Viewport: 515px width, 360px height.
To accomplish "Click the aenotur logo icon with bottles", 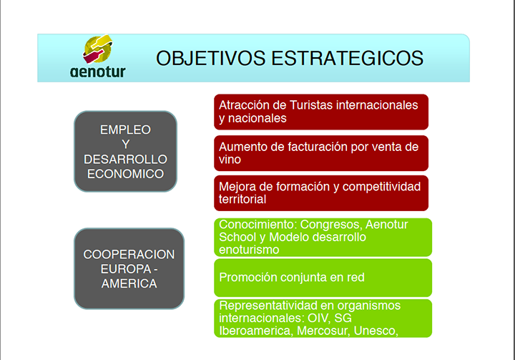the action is coord(97,49).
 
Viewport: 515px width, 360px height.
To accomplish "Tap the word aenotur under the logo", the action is coord(97,72).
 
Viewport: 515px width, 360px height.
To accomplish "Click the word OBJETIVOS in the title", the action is coord(210,58).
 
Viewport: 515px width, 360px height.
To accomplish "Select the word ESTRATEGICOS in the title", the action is coord(347,58).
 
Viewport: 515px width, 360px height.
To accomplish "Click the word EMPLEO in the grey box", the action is coord(125,130).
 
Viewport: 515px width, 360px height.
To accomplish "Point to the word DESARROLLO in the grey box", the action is coord(125,160).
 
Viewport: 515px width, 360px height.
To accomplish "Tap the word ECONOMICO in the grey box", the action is coord(125,174).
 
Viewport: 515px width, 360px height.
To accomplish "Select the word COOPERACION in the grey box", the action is coord(129,255).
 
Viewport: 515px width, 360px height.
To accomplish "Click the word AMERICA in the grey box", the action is coord(129,283).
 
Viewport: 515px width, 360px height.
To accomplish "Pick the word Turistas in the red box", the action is coord(311,105).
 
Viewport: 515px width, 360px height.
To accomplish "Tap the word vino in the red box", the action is coord(230,160).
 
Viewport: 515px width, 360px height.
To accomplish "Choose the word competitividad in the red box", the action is coord(381,187).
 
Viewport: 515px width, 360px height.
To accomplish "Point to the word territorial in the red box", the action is coord(242,199).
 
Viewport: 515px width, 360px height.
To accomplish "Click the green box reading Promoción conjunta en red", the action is coord(323,278).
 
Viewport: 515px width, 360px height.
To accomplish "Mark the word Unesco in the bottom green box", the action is coord(376,331).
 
